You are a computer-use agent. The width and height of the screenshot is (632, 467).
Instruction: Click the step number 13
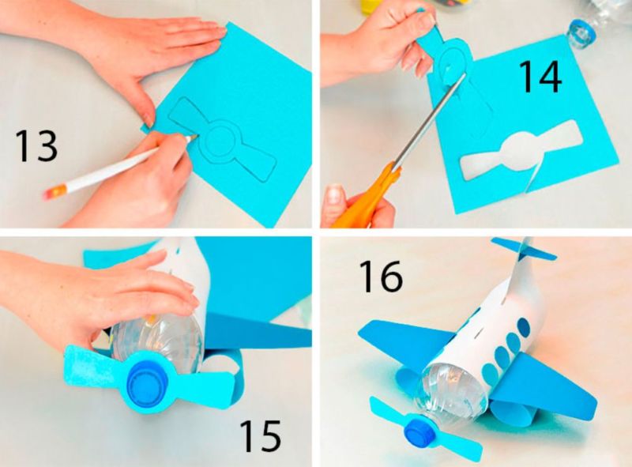(x=36, y=146)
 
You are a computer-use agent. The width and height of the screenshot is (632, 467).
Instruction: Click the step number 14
(x=540, y=77)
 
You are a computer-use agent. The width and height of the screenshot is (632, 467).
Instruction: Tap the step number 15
(x=261, y=435)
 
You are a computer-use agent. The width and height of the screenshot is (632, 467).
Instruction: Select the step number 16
(x=381, y=276)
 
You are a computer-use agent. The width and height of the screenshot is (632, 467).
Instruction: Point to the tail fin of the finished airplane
(x=524, y=249)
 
